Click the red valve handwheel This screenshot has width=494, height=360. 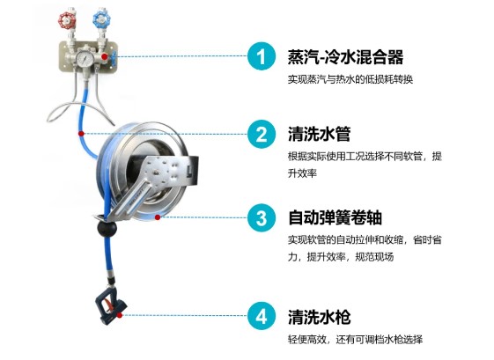66,21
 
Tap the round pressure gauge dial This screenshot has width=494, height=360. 85,58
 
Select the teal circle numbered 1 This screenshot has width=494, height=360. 262,56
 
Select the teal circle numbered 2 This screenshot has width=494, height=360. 262,134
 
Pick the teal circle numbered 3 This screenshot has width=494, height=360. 262,217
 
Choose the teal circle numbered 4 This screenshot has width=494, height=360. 262,316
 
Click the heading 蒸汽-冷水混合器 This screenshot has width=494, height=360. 345,57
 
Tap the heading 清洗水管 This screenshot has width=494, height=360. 319,134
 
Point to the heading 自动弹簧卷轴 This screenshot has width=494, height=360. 335,217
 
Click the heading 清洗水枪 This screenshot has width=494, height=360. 319,317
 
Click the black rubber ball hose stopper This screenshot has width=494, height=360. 107,228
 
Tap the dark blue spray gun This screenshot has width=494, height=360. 110,308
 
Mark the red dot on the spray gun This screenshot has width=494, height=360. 120,315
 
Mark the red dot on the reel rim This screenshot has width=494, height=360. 158,217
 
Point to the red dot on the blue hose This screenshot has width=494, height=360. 81,134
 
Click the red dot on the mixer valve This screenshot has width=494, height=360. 105,56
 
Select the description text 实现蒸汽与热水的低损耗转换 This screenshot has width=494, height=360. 350,79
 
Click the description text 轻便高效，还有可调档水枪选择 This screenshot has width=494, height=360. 355,340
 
